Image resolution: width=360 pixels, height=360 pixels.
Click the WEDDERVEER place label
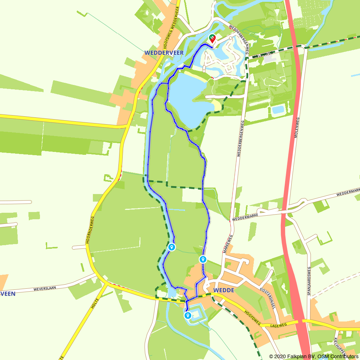(164, 53)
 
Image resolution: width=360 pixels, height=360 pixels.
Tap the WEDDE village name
(224, 290)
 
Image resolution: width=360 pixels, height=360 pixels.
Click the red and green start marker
(212, 38)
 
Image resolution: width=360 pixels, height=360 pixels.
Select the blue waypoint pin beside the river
(172, 247)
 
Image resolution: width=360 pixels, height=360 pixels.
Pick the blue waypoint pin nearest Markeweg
(203, 259)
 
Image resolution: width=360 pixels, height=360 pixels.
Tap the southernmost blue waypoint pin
(188, 316)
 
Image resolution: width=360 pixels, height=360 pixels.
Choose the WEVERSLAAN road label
(46, 289)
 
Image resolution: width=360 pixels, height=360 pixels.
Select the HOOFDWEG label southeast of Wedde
(253, 317)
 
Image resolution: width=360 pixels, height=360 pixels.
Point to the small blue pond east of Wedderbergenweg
(278, 109)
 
